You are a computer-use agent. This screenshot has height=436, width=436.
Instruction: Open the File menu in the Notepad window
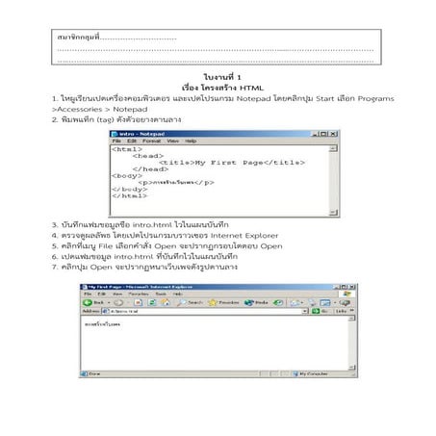click(x=118, y=141)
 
